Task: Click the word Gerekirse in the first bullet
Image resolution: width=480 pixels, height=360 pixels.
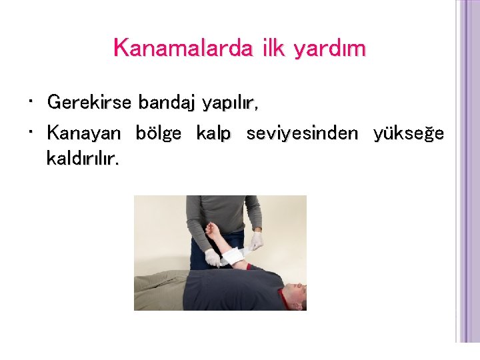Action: pyautogui.click(x=91, y=103)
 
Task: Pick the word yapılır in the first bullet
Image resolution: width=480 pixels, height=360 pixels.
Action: pyautogui.click(x=229, y=103)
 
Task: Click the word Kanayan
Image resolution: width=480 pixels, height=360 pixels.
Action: pyautogui.click(x=84, y=133)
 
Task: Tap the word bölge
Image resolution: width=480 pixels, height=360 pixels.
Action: pyautogui.click(x=158, y=133)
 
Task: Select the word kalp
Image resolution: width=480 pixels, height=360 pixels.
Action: pyautogui.click(x=213, y=133)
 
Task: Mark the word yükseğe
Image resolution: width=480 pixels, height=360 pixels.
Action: pyautogui.click(x=409, y=133)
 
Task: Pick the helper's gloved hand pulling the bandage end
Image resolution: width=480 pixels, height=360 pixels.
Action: pyautogui.click(x=256, y=241)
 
